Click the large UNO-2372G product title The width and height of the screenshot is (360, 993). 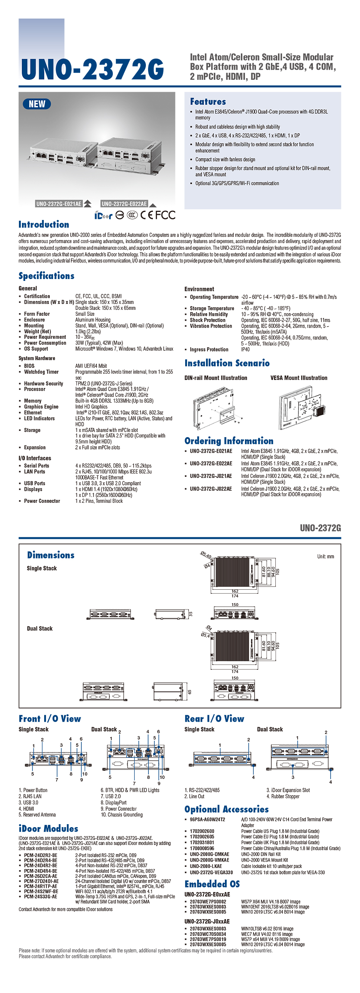[92, 69]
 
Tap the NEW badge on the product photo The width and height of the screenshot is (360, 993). [37, 104]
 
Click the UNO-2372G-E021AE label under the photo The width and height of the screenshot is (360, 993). [59, 204]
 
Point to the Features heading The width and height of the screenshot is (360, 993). [208, 102]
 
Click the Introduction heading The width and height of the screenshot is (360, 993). [43, 225]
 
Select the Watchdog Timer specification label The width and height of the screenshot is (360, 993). [41, 372]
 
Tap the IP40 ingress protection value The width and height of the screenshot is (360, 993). [245, 350]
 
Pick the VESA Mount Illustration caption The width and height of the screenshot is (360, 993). [299, 378]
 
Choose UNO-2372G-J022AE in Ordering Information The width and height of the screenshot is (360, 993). [211, 489]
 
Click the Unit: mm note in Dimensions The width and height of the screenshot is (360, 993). [325, 556]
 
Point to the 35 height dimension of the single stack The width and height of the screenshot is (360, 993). [190, 614]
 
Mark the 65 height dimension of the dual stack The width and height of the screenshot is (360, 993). [189, 692]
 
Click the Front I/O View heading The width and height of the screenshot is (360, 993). [50, 718]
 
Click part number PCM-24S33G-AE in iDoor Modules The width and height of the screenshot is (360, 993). [40, 897]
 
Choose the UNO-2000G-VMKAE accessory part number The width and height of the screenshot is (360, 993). [209, 860]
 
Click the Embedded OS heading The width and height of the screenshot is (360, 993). [212, 884]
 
